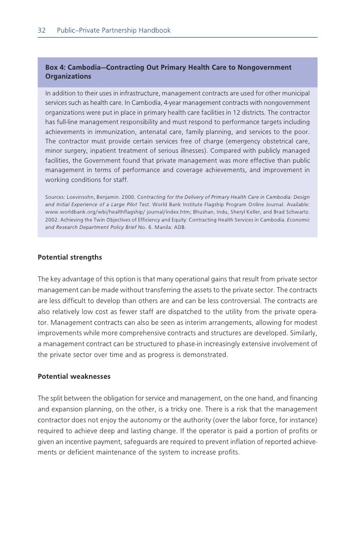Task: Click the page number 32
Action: click(x=42, y=31)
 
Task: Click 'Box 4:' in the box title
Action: click(x=55, y=67)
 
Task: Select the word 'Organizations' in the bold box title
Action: click(x=68, y=77)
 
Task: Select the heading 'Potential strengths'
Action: click(x=70, y=257)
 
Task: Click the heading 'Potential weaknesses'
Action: click(x=74, y=376)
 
